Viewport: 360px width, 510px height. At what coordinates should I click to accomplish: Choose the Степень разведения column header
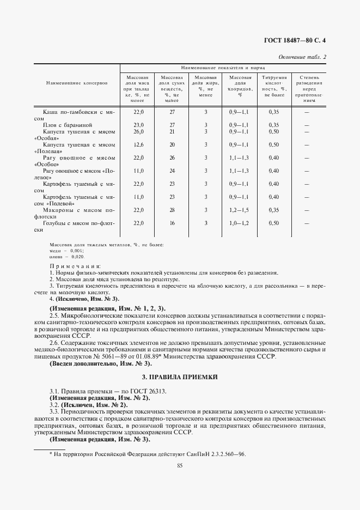coord(308,89)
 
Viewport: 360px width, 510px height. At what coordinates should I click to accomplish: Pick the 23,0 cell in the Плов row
coord(138,125)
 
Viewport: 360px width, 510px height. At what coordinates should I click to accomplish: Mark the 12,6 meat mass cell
coord(138,144)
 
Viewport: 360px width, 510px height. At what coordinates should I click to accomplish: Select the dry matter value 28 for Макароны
coord(172,210)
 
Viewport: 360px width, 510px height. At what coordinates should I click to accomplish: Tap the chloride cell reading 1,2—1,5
coord(239,210)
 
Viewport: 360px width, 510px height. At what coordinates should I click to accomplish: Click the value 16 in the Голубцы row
coord(172,223)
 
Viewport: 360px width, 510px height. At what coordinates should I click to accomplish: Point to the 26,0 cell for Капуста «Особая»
coord(138,131)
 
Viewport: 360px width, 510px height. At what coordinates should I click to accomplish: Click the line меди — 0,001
coord(63,250)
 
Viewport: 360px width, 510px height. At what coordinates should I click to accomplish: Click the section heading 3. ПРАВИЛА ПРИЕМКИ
coord(179,377)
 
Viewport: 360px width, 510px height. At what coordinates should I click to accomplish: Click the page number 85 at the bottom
coord(179,465)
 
